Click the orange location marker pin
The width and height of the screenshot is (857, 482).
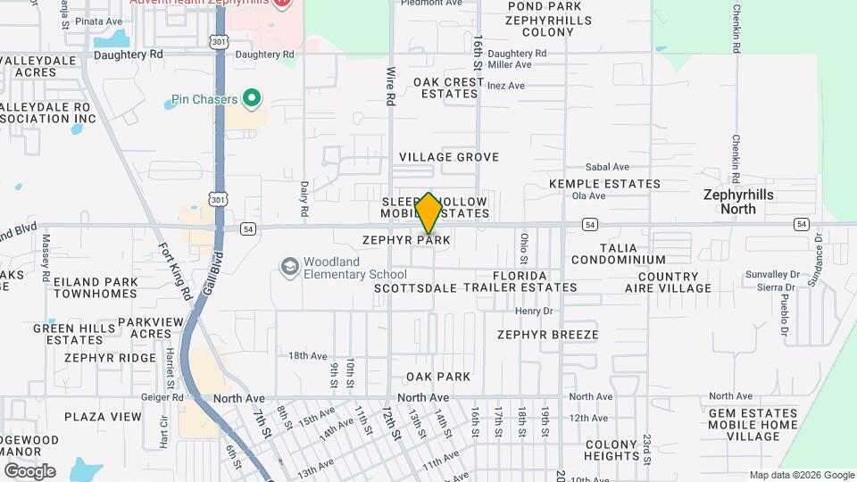(429, 213)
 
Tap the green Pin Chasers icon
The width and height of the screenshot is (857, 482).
(252, 98)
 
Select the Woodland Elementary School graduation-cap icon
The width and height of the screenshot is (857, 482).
(289, 267)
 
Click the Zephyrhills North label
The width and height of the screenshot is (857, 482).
(737, 202)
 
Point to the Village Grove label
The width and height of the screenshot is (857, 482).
(448, 157)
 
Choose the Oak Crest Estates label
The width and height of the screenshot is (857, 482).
(448, 87)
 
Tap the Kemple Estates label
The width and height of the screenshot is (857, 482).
(604, 185)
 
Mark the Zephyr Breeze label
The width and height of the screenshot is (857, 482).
(547, 335)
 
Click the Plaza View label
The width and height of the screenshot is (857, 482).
(103, 417)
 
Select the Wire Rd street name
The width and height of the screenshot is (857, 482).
(390, 86)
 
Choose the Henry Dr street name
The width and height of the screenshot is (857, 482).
(535, 312)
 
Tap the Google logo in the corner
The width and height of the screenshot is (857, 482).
(29, 471)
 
